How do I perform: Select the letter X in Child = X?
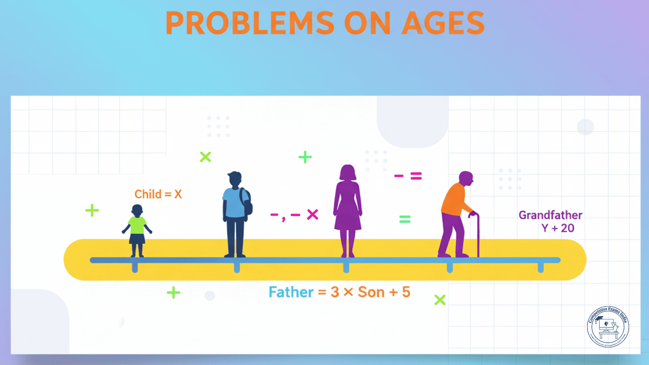point(178,194)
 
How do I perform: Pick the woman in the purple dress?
point(348,211)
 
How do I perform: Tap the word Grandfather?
point(550,215)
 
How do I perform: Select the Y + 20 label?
point(558,228)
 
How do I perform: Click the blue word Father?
point(291,292)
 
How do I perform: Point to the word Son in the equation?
point(371,292)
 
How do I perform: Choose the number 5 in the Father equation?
point(406,292)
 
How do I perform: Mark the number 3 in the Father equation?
point(335,292)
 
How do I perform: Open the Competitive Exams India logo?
point(608,327)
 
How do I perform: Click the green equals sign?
point(405,219)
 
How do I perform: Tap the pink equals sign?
point(416,176)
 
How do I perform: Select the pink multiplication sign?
point(312,215)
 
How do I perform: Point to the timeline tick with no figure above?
point(540,267)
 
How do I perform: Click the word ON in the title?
point(367,24)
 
